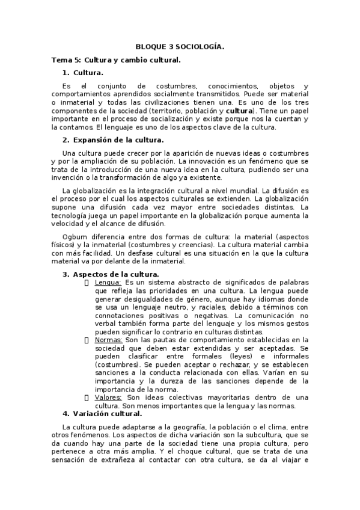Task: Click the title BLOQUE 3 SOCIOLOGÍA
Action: point(180,46)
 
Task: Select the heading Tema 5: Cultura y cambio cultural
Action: point(116,60)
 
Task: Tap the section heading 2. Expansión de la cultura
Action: point(109,140)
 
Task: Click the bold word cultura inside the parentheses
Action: point(239,111)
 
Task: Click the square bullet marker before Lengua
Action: point(88,282)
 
